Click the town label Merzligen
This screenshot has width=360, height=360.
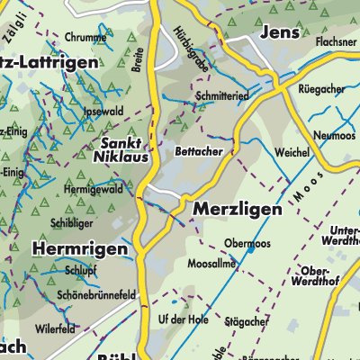point(237,209)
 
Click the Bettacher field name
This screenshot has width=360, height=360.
point(199,152)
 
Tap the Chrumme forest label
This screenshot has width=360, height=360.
point(85,38)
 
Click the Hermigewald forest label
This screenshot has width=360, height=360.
point(93,190)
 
